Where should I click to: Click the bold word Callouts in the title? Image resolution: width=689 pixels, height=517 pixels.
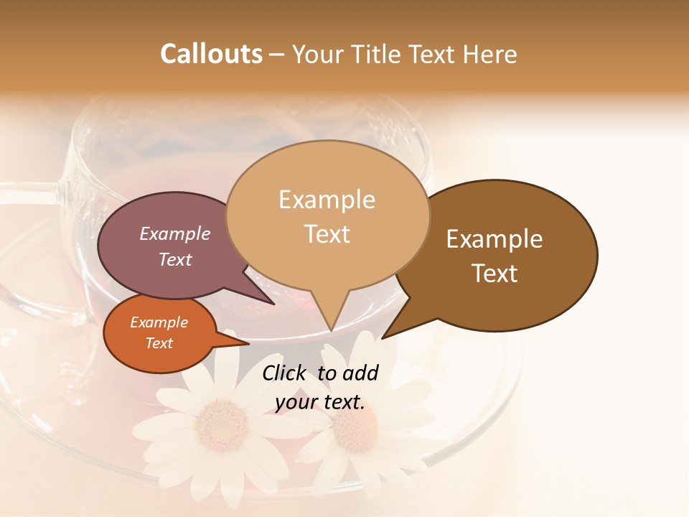click(x=211, y=54)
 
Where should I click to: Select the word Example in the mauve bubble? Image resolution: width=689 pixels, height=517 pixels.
click(x=174, y=233)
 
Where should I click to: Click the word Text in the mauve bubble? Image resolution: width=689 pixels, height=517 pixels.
click(x=174, y=259)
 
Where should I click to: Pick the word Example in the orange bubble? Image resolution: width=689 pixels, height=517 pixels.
click(x=159, y=322)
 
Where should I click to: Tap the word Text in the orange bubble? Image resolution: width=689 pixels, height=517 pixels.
click(x=159, y=343)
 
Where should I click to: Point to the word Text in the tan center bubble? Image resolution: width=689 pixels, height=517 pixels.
click(x=327, y=234)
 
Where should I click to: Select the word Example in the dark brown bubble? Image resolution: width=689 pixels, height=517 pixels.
click(x=495, y=238)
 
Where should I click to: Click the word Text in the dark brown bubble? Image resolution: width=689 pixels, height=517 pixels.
click(x=495, y=274)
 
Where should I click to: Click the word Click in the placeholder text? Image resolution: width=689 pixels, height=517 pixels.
click(x=286, y=373)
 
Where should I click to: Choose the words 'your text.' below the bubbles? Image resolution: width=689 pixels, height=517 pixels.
click(x=319, y=402)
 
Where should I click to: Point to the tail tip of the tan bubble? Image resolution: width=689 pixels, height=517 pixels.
click(x=331, y=331)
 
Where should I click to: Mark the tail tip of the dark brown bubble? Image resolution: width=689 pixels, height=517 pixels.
click(x=383, y=337)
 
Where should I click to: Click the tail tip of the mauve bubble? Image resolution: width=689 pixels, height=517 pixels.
click(x=273, y=304)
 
